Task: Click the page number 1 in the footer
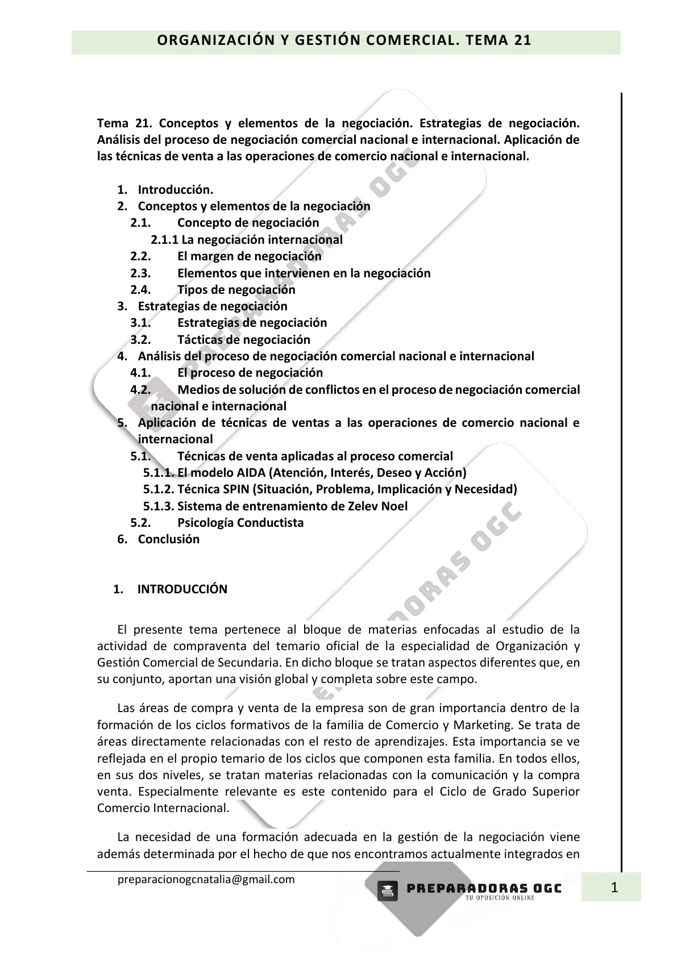pyautogui.click(x=613, y=887)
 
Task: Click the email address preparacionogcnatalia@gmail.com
pyautogui.click(x=206, y=879)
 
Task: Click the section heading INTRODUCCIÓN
pyautogui.click(x=182, y=589)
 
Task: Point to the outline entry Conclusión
pyautogui.click(x=168, y=539)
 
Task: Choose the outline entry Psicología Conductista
pyautogui.click(x=240, y=523)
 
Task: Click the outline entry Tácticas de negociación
pyautogui.click(x=244, y=340)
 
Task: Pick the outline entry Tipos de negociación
pyautogui.click(x=236, y=290)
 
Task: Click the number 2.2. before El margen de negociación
pyautogui.click(x=140, y=256)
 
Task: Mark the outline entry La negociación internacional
pyautogui.click(x=261, y=240)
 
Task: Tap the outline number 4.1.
pyautogui.click(x=140, y=373)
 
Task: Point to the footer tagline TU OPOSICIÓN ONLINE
pyautogui.click(x=500, y=898)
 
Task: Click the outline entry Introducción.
pyautogui.click(x=176, y=190)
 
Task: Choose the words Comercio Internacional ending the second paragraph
pyautogui.click(x=163, y=808)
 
